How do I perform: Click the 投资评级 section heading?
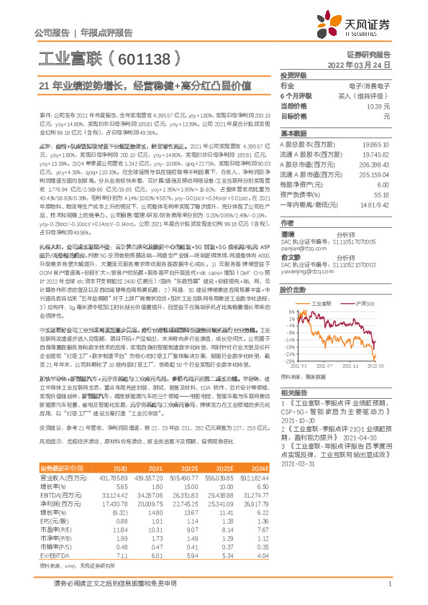click(293, 75)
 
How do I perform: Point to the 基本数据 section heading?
click(293, 134)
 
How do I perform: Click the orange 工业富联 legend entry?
click(319, 305)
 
